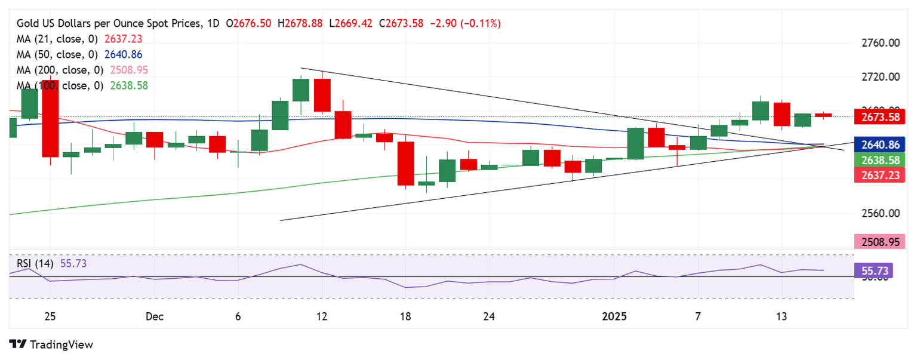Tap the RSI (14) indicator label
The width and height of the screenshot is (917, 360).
(35, 263)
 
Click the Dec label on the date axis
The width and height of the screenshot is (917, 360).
(155, 316)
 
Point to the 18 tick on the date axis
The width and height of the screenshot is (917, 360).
(405, 316)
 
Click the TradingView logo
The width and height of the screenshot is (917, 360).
(51, 344)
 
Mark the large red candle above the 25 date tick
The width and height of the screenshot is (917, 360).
(50, 118)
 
